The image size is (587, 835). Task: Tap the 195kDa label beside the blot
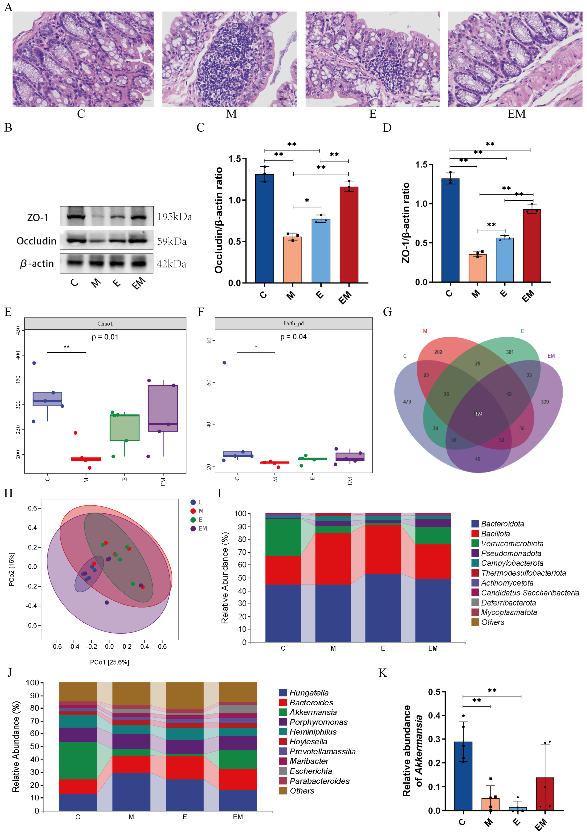pos(174,217)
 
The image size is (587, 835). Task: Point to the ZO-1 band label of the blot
pos(38,218)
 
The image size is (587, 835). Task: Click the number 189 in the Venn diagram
pos(477,414)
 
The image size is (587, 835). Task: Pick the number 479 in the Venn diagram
pos(407,402)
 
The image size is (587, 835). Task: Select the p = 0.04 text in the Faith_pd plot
pos(293,337)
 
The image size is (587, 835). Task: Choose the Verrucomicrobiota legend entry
pos(512,543)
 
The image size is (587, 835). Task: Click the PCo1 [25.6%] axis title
pos(109,662)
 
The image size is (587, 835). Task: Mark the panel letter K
pos(382,673)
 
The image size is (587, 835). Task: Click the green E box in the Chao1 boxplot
pos(125,428)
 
